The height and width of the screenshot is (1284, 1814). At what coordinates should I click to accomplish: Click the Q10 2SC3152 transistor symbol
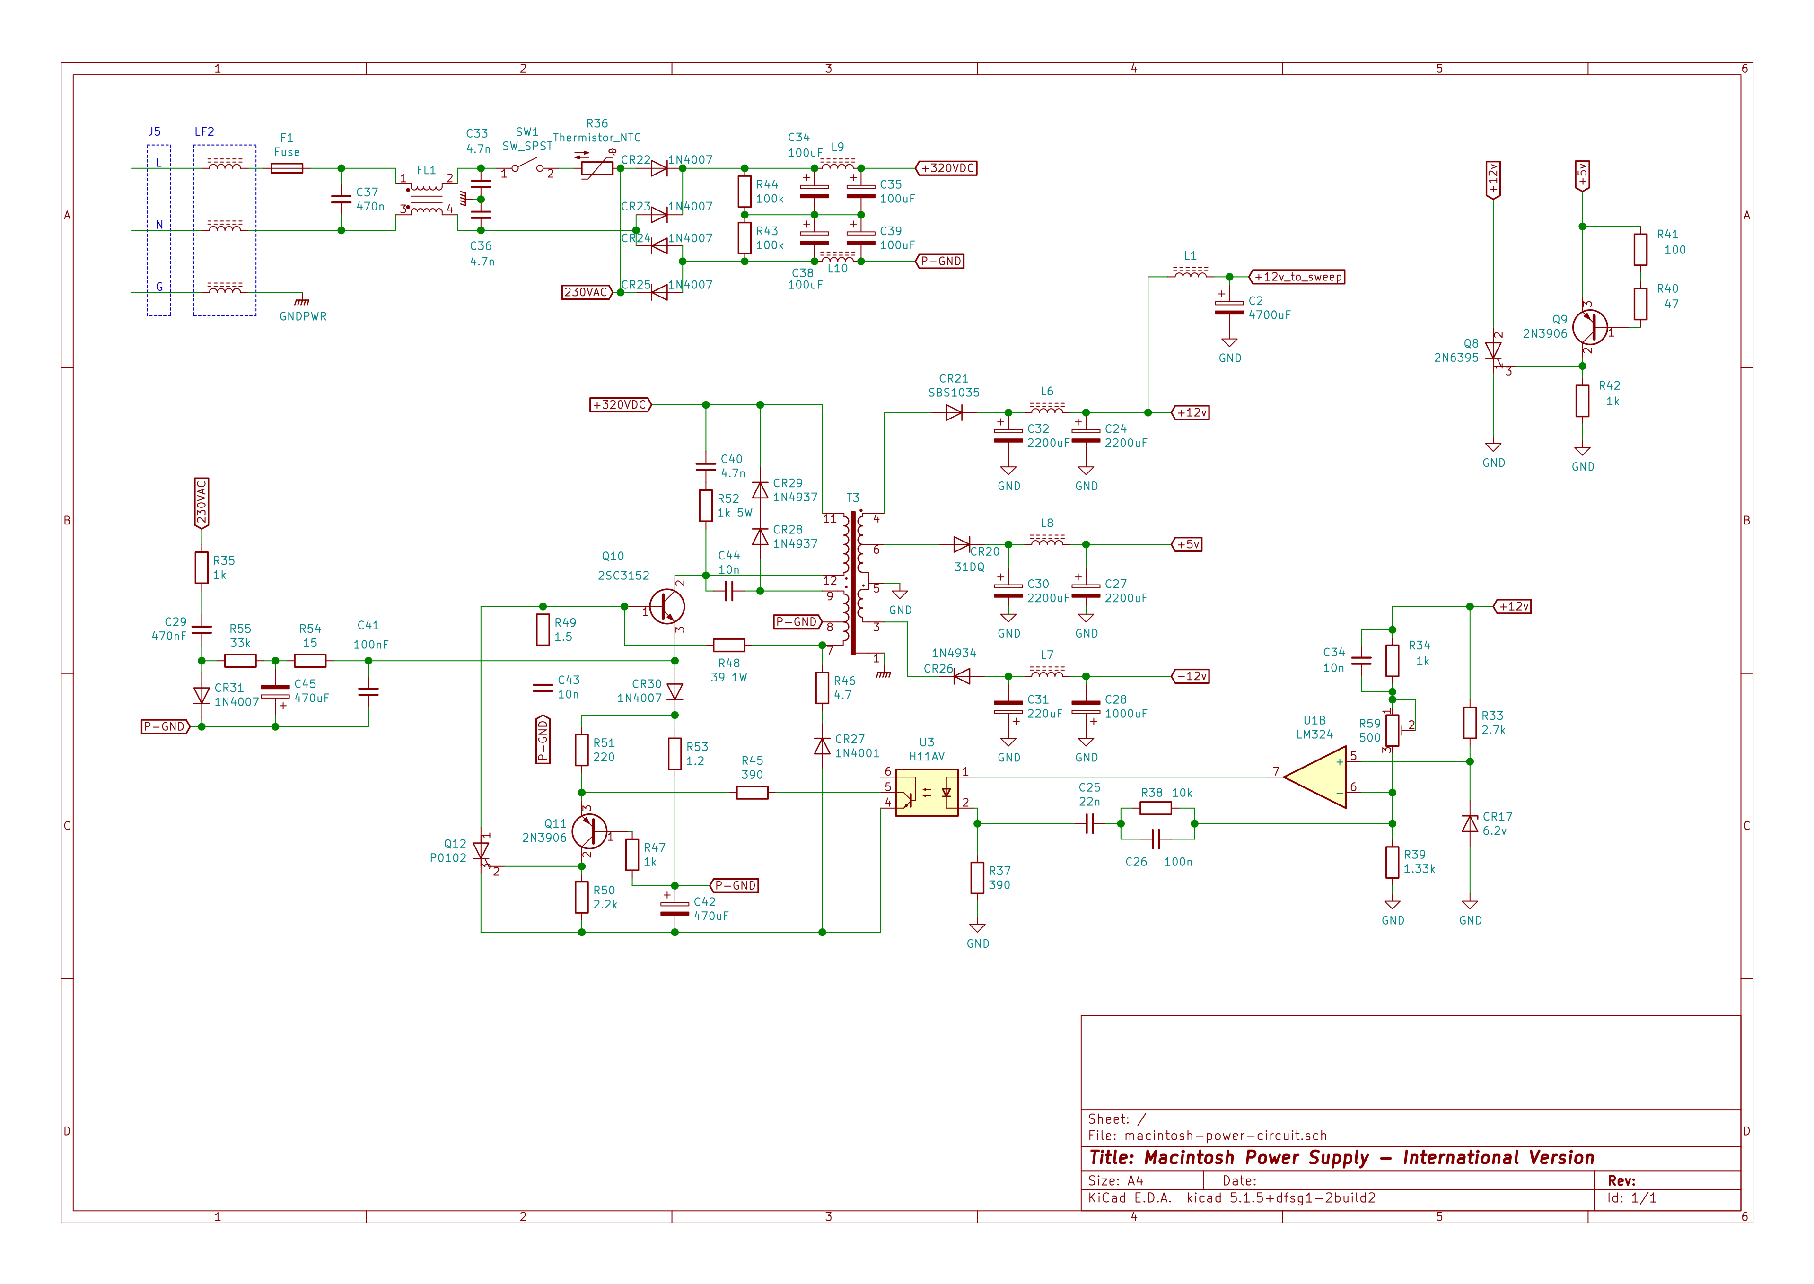(666, 606)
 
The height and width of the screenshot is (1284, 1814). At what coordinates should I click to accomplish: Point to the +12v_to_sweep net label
(1297, 277)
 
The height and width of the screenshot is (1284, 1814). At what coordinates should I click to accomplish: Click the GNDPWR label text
(302, 316)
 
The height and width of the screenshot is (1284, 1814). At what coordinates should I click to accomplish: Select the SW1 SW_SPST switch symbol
(527, 167)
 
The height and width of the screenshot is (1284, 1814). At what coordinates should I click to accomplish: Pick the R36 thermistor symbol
(596, 167)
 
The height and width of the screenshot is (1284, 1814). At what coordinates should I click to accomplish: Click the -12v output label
(1191, 676)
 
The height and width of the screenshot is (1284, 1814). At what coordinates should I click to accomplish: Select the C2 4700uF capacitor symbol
(1229, 307)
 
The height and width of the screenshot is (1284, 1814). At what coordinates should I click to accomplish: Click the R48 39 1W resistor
(728, 645)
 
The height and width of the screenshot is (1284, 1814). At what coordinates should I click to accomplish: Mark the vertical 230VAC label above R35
(202, 503)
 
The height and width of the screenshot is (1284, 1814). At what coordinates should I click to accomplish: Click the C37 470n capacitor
(341, 199)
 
